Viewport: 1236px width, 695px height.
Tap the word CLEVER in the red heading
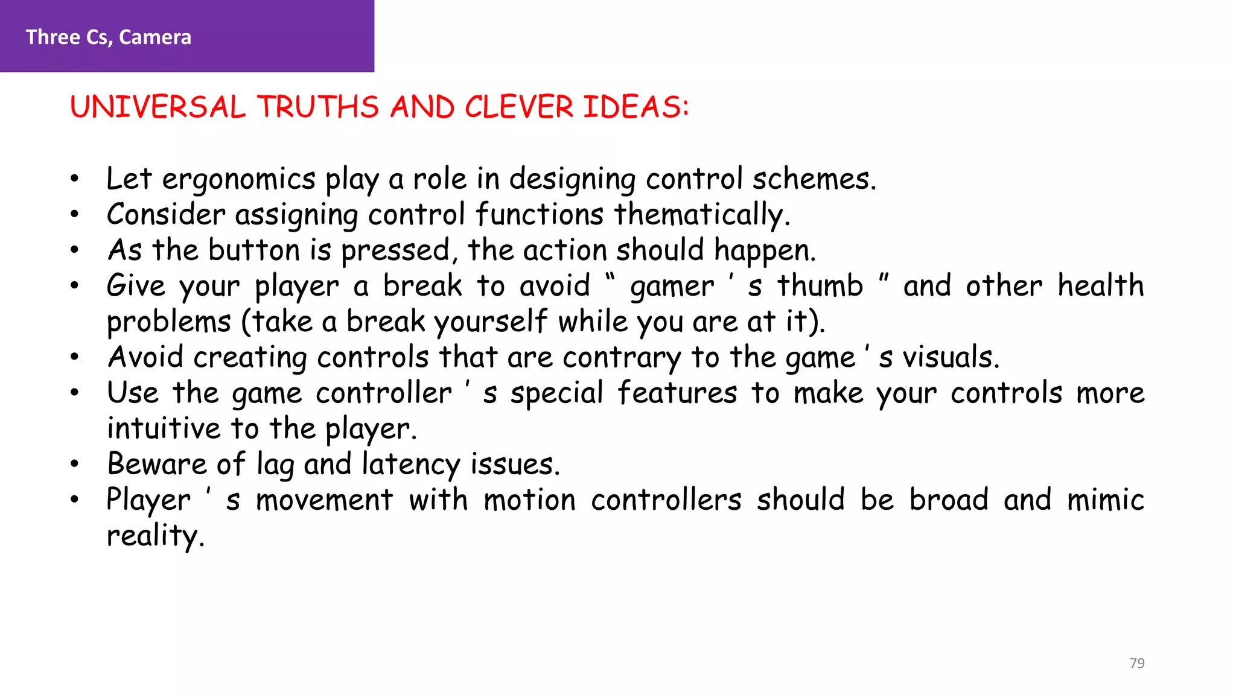[x=518, y=107]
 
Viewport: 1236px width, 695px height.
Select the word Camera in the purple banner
[x=155, y=37]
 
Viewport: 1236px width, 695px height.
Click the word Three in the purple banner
[x=53, y=37]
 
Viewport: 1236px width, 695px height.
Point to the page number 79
[x=1137, y=663]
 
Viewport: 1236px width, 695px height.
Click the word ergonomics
[x=238, y=180]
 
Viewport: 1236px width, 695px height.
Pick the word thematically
[x=702, y=215]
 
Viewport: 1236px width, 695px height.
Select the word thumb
[x=820, y=286]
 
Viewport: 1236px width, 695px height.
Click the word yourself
[x=491, y=322]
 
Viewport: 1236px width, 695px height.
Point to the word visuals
[x=951, y=357]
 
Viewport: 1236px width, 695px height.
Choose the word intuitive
[x=164, y=429]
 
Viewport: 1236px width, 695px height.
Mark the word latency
[x=410, y=465]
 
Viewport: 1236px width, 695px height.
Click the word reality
[x=155, y=536]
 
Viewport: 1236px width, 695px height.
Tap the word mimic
[x=1105, y=500]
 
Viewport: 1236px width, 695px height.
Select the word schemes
[x=814, y=180]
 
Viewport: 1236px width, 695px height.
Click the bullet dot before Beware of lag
[x=74, y=465]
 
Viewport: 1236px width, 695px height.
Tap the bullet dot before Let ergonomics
[x=74, y=179]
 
